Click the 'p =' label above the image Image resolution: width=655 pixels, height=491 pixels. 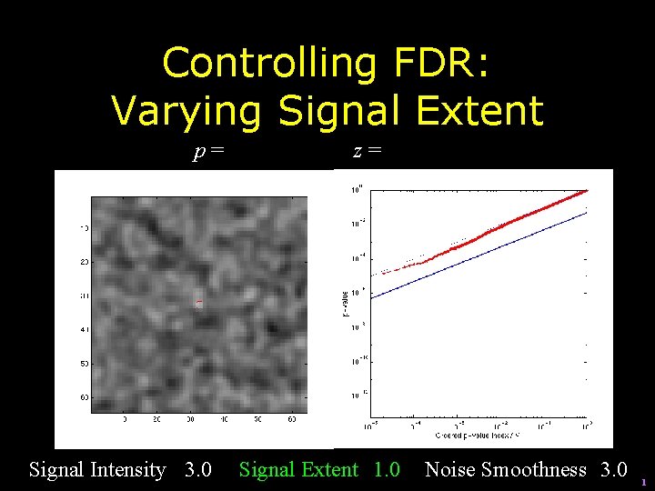tap(208, 152)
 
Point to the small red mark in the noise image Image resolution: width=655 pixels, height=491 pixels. tap(198, 303)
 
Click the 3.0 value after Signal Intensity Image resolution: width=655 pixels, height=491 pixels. tap(197, 470)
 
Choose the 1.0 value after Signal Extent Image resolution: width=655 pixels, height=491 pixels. tap(387, 470)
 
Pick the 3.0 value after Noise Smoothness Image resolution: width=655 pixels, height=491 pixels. tap(612, 470)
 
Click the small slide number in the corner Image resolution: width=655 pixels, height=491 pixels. tap(643, 482)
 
